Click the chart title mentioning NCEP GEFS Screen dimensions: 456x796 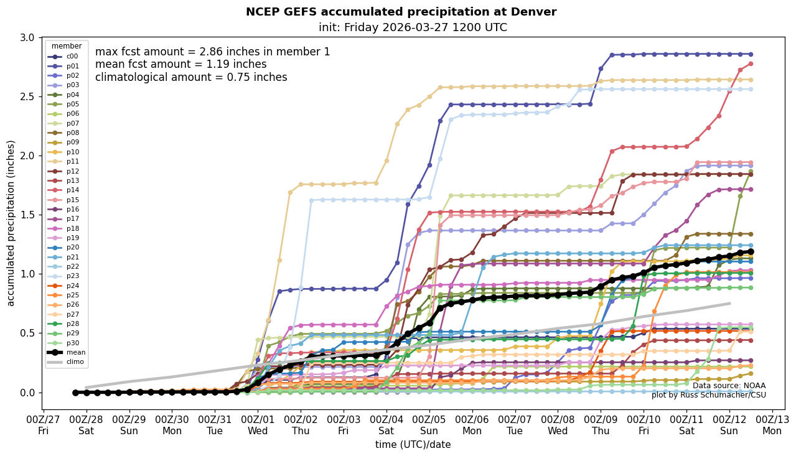tap(401, 12)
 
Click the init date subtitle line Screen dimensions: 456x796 tap(413, 27)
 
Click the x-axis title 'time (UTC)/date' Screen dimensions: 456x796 tap(413, 444)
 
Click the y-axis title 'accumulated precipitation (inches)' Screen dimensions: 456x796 tap(11, 223)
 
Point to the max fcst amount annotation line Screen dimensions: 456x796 tap(212, 52)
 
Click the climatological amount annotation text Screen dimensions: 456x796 tap(191, 77)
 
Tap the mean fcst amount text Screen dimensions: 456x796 tap(180, 64)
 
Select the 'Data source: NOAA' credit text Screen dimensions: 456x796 tap(729, 386)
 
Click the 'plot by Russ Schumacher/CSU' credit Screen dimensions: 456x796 tap(708, 395)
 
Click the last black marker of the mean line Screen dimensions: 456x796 tap(751, 251)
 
